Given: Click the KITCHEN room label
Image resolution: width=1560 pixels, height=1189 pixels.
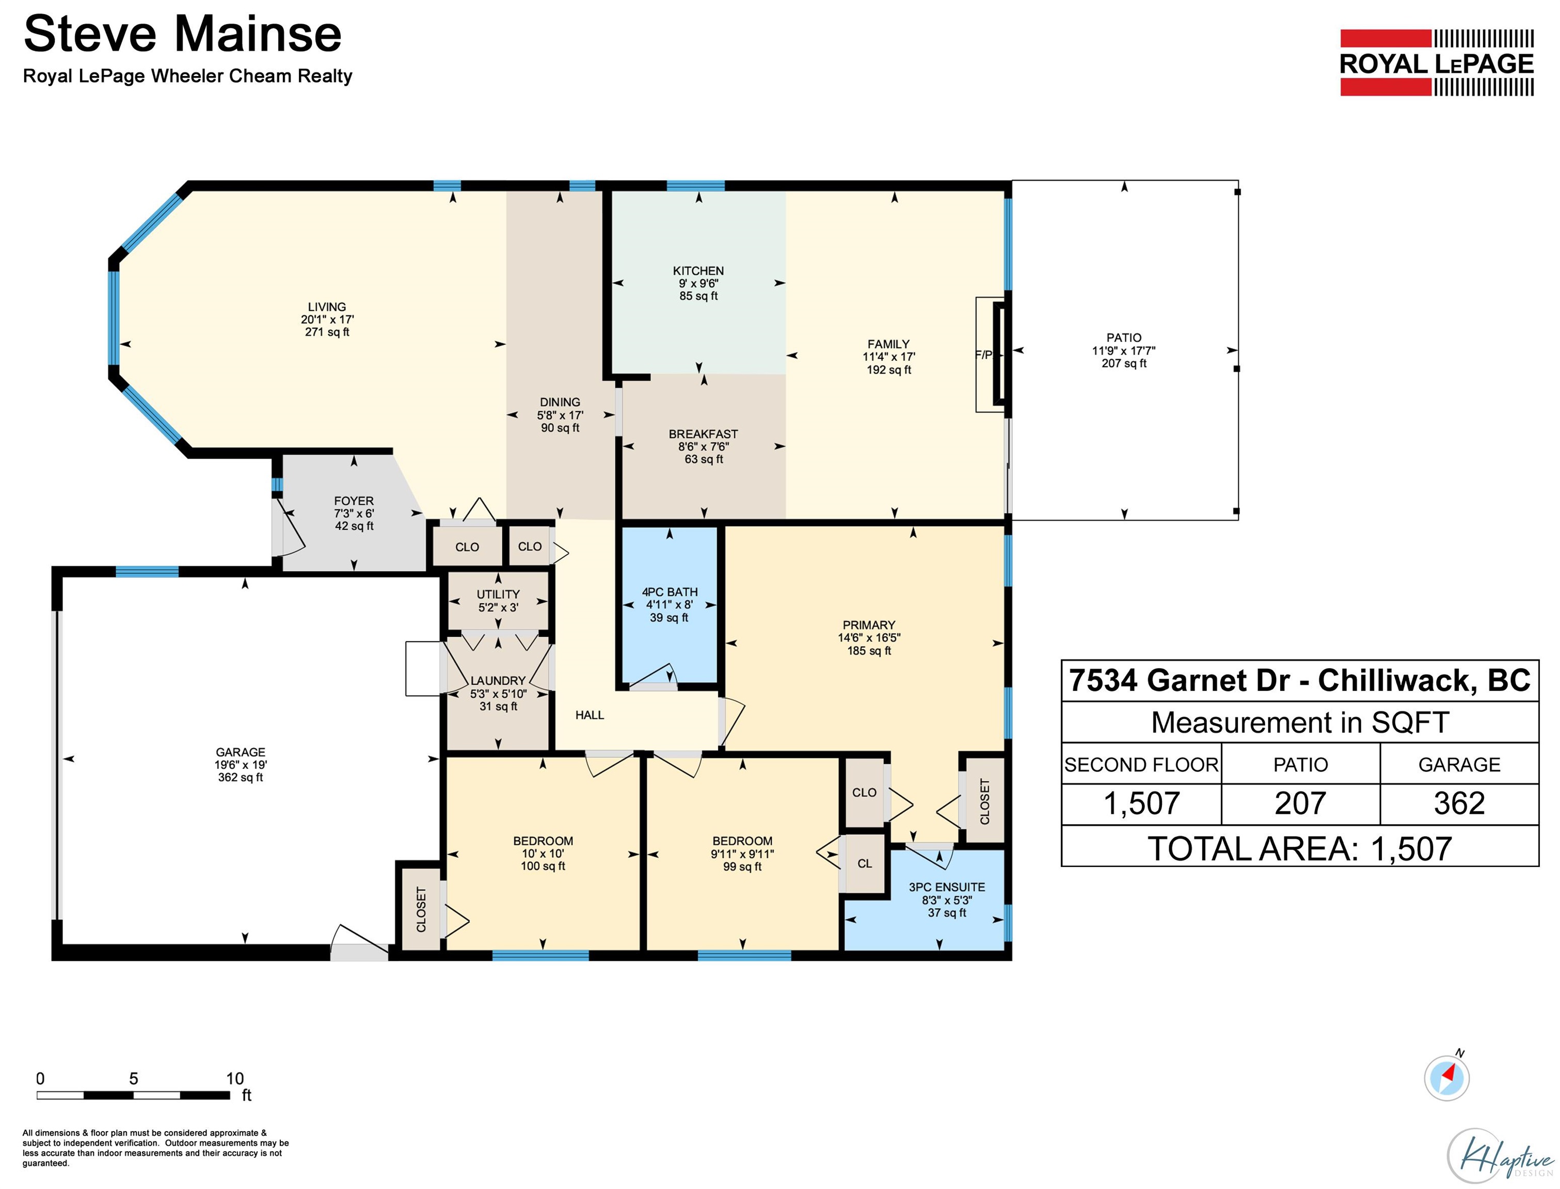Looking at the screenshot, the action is [x=698, y=271].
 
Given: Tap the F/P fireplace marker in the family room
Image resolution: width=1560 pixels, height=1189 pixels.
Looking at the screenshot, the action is [x=984, y=355].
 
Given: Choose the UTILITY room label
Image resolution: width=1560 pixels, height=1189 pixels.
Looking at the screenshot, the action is [x=498, y=594].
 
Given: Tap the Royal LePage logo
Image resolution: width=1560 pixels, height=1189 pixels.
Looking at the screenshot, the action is [x=1437, y=62].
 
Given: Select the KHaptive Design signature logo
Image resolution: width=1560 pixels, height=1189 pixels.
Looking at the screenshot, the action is [x=1499, y=1155].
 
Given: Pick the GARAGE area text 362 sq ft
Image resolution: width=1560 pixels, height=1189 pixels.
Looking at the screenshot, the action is [x=241, y=778].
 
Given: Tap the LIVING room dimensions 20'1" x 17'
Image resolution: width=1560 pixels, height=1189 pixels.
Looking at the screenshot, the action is [x=327, y=320].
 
